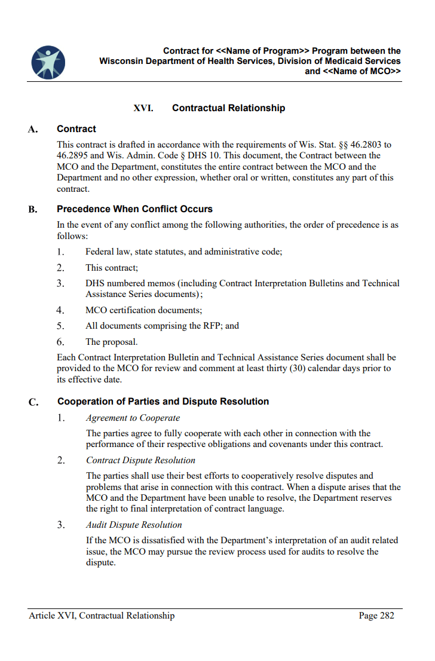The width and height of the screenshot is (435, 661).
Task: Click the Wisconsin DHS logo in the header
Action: tap(48, 62)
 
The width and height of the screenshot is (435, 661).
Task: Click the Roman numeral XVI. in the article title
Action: tap(143, 108)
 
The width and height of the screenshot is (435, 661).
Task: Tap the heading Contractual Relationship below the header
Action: tap(228, 108)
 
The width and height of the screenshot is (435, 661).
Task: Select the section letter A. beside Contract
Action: tap(33, 129)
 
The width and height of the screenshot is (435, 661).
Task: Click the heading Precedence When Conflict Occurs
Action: tap(134, 209)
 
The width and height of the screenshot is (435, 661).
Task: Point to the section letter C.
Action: tap(33, 402)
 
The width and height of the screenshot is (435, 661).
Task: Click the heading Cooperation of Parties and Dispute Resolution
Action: tap(163, 402)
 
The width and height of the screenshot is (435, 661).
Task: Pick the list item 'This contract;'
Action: tap(112, 268)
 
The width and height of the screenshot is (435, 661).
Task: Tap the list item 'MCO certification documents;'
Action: tap(143, 310)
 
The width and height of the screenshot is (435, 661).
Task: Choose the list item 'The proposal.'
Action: tap(111, 342)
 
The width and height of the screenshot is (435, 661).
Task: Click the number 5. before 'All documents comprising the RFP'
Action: tap(60, 326)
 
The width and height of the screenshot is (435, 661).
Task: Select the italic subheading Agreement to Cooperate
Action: tap(133, 418)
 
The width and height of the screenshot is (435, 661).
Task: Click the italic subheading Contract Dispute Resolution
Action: tap(140, 460)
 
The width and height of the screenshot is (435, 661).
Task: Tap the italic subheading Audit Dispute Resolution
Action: tap(134, 525)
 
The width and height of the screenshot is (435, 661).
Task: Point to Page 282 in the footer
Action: tap(376, 616)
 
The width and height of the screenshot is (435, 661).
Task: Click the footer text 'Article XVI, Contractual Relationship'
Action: tap(102, 616)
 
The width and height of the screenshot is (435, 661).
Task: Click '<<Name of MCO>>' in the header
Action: tap(362, 71)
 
